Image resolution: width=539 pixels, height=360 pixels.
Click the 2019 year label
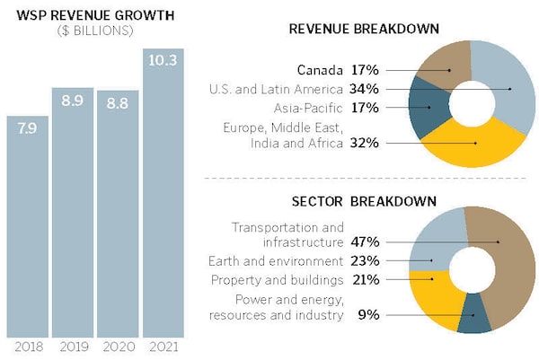pos(73,347)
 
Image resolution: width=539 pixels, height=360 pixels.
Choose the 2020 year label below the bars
pos(119,347)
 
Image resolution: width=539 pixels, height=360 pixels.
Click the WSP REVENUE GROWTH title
pos(69,15)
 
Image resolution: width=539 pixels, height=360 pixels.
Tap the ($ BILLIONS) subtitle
pos(69,31)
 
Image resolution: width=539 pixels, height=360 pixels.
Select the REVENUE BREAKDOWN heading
pos(363,29)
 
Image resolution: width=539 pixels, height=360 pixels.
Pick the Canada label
pos(320,69)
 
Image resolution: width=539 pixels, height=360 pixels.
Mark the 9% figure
pos(370,315)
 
